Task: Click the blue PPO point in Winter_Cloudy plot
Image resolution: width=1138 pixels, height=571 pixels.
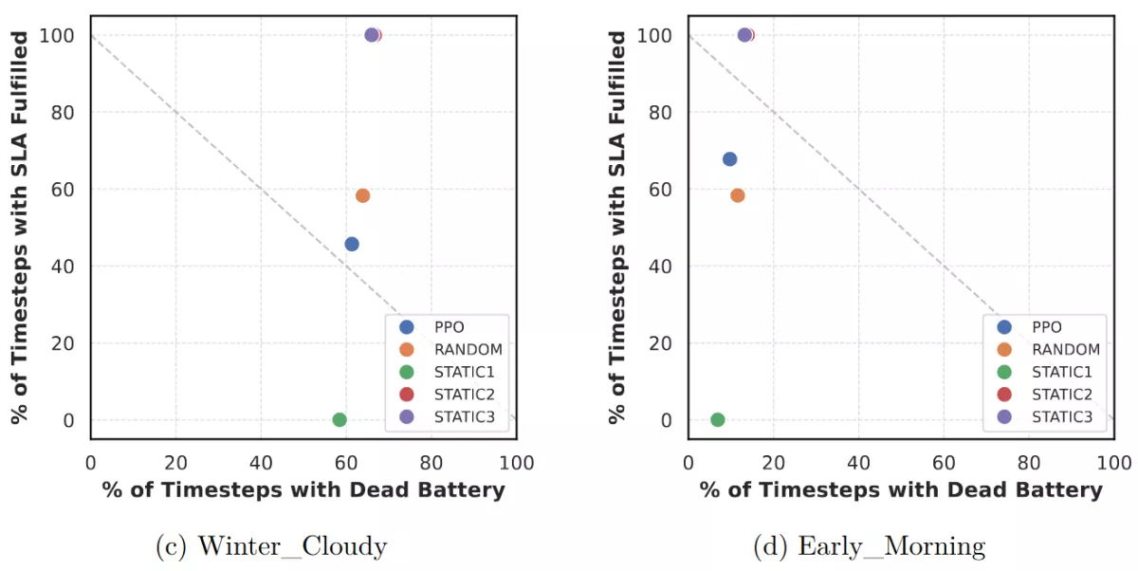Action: point(352,244)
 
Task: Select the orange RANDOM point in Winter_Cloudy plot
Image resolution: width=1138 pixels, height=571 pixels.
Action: point(362,195)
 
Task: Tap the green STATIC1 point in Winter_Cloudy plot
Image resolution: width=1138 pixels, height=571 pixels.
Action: point(340,419)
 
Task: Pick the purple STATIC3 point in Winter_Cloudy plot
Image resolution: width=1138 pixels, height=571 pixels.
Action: point(371,35)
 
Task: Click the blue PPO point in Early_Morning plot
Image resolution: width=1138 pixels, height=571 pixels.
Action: point(729,159)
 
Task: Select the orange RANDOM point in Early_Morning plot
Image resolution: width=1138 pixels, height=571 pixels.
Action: point(737,195)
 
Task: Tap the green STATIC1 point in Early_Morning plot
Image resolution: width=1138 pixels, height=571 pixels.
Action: point(717,419)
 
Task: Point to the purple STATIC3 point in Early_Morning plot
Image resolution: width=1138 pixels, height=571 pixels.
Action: point(743,35)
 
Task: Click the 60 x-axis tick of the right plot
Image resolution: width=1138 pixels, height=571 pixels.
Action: point(944,463)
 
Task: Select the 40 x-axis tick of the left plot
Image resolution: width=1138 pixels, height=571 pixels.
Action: point(261,463)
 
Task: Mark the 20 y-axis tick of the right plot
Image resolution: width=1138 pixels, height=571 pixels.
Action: point(662,343)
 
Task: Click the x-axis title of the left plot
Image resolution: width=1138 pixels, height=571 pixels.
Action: point(303,490)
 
